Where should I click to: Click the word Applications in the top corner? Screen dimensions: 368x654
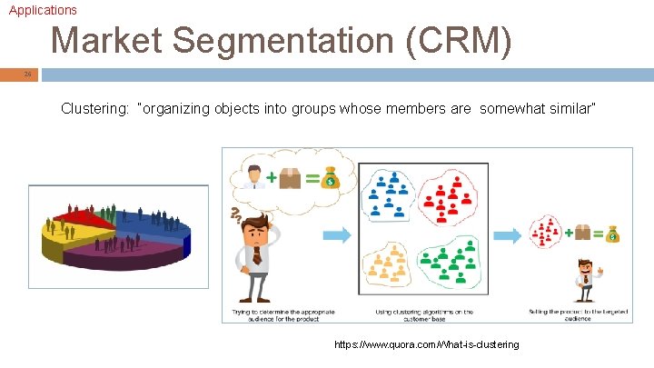point(43,10)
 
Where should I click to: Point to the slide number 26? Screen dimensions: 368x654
point(28,74)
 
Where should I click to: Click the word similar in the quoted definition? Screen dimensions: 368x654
point(566,109)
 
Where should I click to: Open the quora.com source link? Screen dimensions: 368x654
point(427,344)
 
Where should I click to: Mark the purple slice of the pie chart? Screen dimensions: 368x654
point(136,252)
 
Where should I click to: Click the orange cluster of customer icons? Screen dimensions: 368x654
point(387,264)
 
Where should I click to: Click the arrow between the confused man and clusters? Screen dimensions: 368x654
point(337,235)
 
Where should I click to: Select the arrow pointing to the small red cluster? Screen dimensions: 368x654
point(515,235)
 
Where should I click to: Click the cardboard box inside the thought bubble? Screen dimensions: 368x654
point(290,179)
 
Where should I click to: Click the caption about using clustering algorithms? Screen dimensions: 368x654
point(424,314)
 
